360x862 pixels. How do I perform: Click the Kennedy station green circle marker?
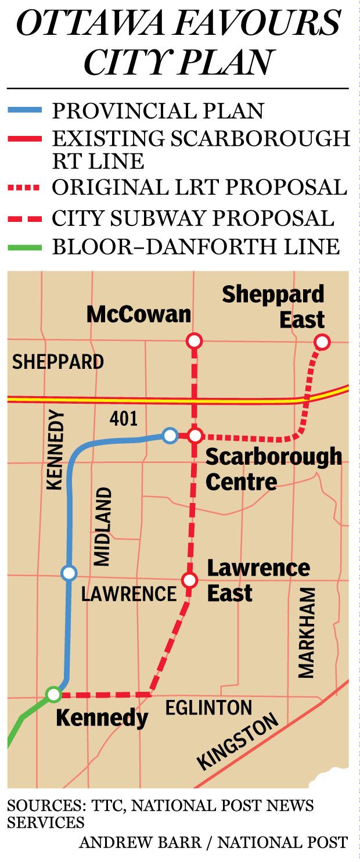(x=53, y=694)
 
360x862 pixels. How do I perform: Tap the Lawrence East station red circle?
(x=189, y=580)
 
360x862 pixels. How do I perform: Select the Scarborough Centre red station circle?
(x=195, y=435)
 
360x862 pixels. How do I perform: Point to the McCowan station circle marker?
(x=195, y=341)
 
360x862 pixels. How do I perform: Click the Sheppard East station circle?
(x=322, y=342)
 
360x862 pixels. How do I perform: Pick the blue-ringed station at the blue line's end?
(x=170, y=435)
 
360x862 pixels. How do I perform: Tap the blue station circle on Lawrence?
(x=69, y=573)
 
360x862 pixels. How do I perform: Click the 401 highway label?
(x=123, y=419)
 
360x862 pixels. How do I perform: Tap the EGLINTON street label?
(x=209, y=707)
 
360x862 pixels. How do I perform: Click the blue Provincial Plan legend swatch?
(x=24, y=110)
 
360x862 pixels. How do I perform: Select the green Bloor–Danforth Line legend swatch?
(x=24, y=247)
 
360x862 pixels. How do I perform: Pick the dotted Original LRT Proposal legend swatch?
(x=24, y=188)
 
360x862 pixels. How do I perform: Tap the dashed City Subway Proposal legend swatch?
(x=24, y=218)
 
